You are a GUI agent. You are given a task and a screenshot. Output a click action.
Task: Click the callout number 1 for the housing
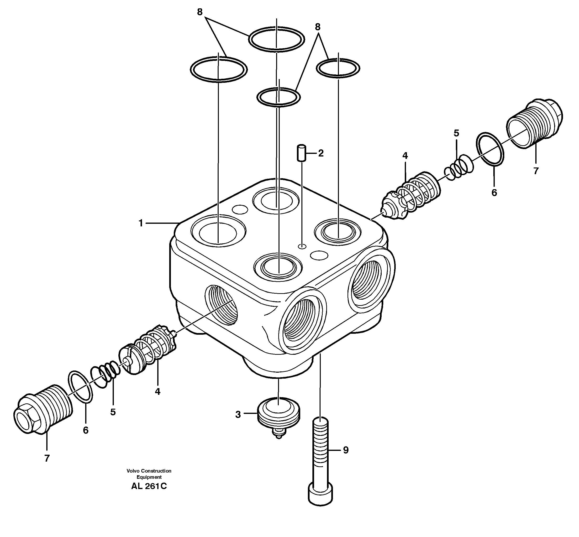(x=141, y=223)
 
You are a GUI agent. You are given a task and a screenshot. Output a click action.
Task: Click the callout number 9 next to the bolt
(x=345, y=450)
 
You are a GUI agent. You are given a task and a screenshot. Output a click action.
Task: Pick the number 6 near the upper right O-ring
(x=494, y=193)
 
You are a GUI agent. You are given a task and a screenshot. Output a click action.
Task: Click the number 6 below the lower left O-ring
(x=85, y=430)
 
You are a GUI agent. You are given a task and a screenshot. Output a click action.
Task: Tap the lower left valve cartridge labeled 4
(x=148, y=349)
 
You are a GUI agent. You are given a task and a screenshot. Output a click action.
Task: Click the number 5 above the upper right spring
(x=456, y=133)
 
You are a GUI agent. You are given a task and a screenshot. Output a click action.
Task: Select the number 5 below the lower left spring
(x=113, y=412)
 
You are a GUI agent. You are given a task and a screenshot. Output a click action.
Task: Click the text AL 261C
(x=149, y=486)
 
